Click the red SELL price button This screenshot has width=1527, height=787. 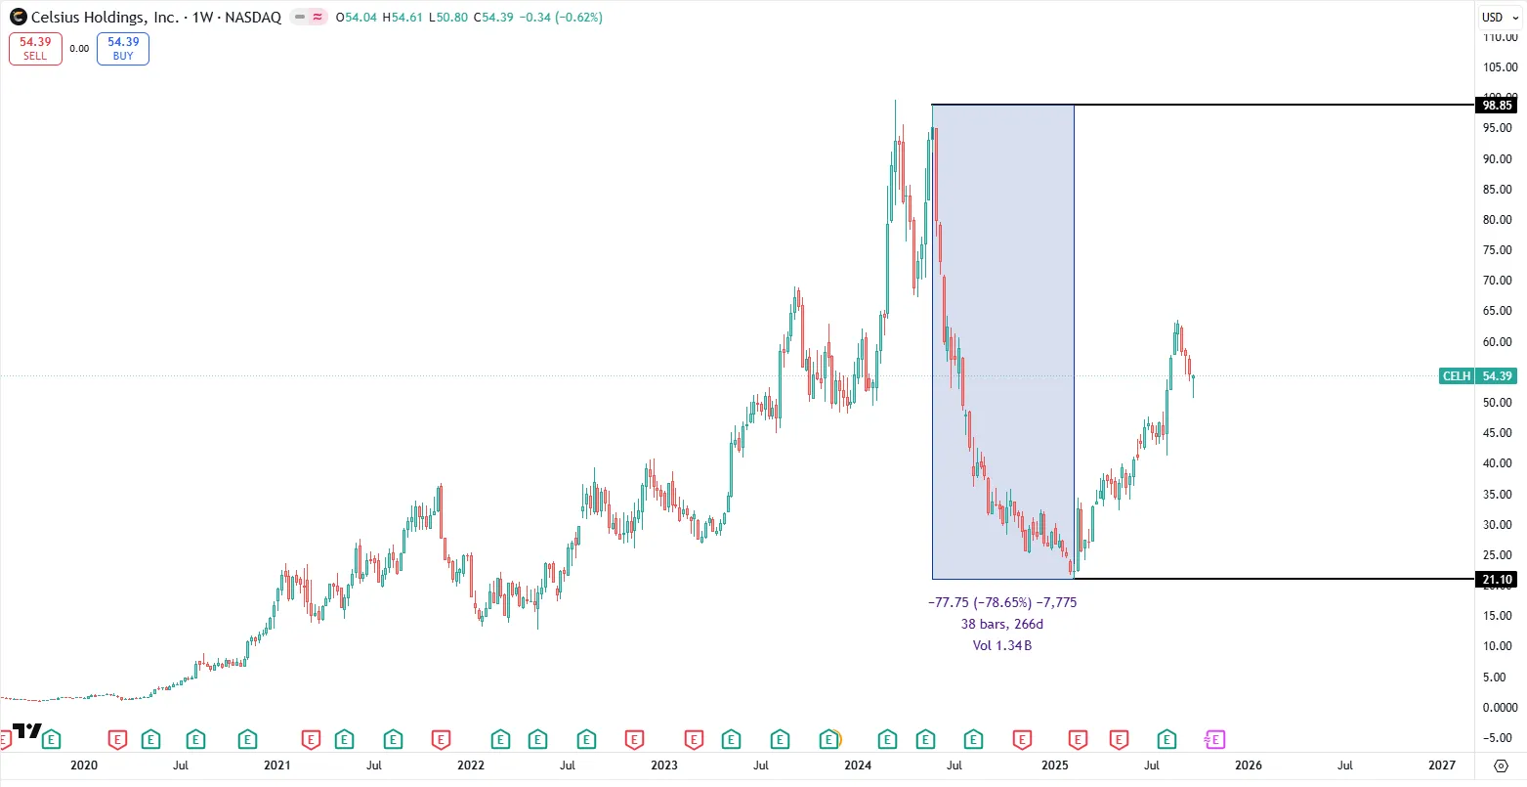tap(35, 49)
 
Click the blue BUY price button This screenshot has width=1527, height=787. tap(123, 49)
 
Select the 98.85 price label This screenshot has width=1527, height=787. tap(1497, 105)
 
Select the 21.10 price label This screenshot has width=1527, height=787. tap(1497, 580)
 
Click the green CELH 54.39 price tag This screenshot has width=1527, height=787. tap(1478, 376)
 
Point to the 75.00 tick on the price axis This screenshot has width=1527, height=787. tap(1497, 250)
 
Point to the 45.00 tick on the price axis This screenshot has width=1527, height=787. tap(1497, 433)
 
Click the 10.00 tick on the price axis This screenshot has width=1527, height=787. tap(1497, 646)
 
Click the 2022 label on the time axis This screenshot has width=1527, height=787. tap(471, 765)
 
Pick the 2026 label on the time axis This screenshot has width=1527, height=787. tap(1249, 765)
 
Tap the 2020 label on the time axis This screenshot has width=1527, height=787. tap(84, 765)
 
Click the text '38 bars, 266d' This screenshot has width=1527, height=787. tap(1002, 624)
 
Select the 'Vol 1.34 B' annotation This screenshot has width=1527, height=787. tap(1002, 645)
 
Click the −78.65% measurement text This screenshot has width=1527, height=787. tap(1002, 602)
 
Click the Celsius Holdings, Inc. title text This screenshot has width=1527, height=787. tap(105, 18)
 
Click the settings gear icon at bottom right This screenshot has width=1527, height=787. tap(1502, 765)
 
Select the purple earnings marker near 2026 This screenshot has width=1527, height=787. tap(1215, 740)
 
